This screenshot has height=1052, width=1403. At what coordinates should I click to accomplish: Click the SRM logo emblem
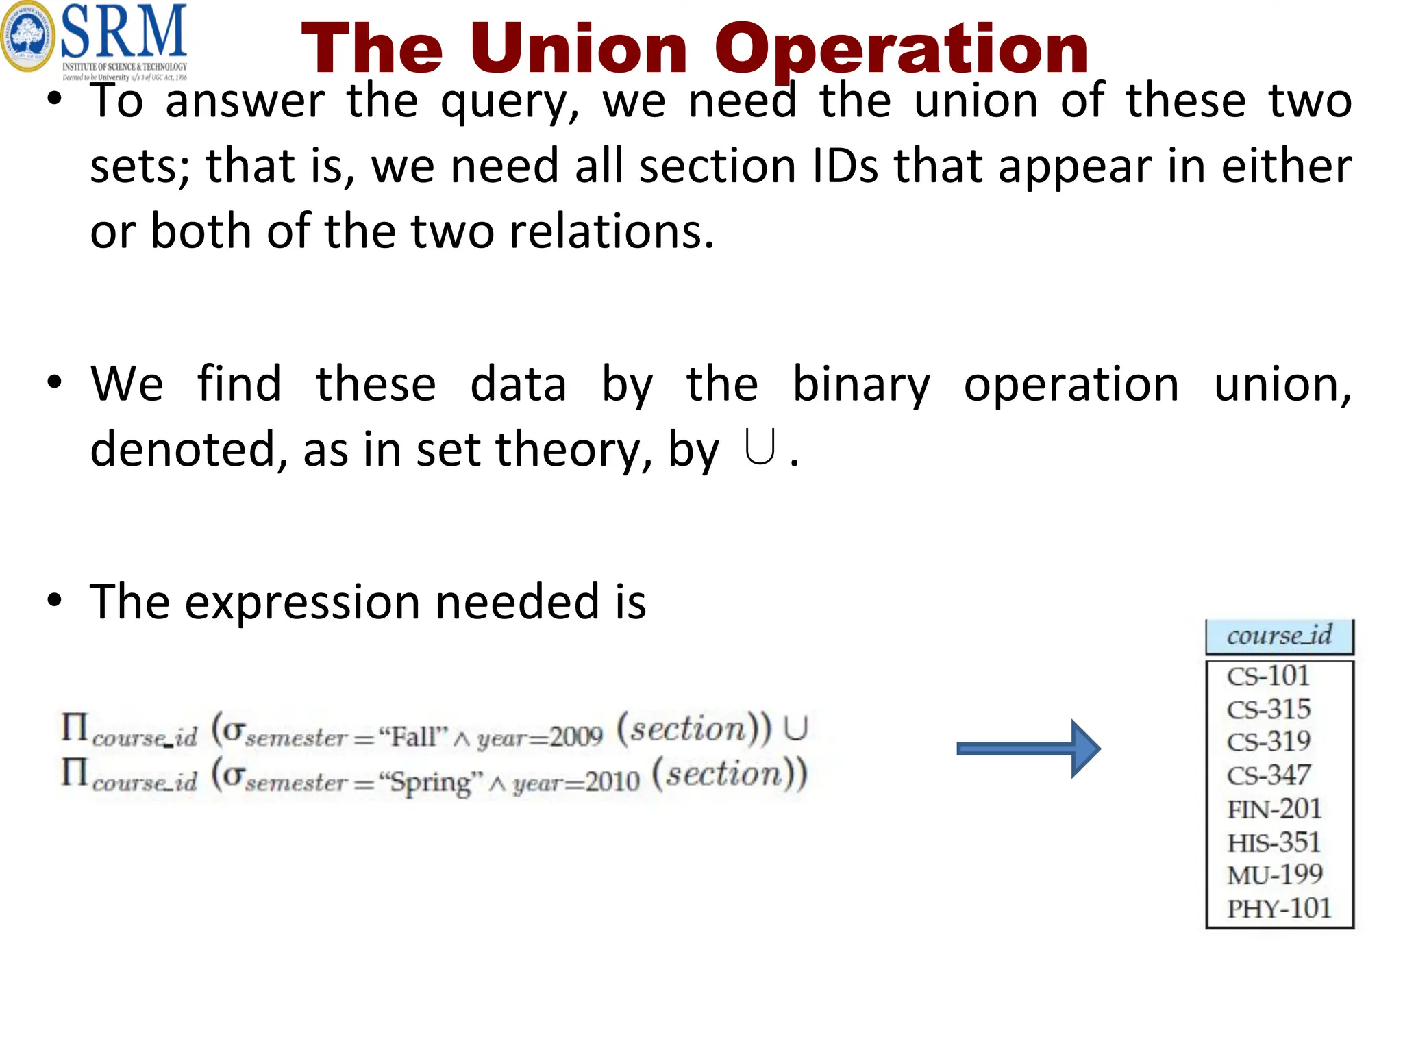click(27, 36)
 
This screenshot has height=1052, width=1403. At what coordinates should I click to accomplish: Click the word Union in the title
click(579, 49)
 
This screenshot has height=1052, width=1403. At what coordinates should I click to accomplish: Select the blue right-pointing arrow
click(1028, 749)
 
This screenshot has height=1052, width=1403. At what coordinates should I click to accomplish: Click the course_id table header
click(1279, 636)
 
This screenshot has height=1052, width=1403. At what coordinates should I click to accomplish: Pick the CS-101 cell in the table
click(1268, 677)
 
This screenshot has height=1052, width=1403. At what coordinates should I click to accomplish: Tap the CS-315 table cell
click(1269, 710)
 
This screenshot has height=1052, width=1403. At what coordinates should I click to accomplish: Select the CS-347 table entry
click(1269, 775)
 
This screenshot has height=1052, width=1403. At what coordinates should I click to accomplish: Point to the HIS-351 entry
click(1274, 842)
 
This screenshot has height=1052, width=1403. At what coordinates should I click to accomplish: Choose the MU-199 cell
click(1275, 875)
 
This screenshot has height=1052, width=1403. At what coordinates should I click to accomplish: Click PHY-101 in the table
click(1279, 909)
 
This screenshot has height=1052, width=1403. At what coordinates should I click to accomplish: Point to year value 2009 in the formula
click(576, 737)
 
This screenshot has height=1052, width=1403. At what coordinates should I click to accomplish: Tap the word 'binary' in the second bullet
click(861, 384)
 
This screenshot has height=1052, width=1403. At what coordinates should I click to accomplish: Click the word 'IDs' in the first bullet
click(845, 166)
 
